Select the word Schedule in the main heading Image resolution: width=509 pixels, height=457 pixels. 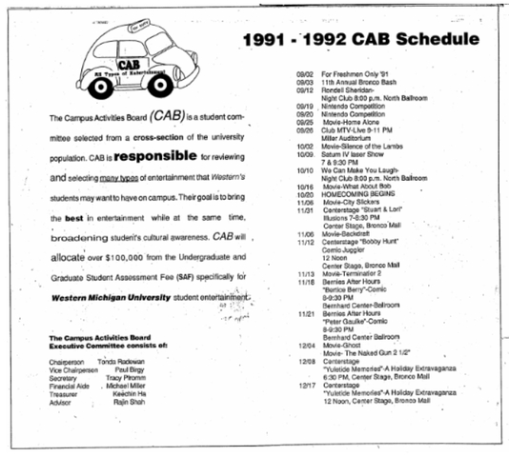pyautogui.click(x=425, y=42)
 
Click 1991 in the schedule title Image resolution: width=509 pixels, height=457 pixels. pyautogui.click(x=266, y=43)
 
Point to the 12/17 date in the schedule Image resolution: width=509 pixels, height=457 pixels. pyautogui.click(x=304, y=384)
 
